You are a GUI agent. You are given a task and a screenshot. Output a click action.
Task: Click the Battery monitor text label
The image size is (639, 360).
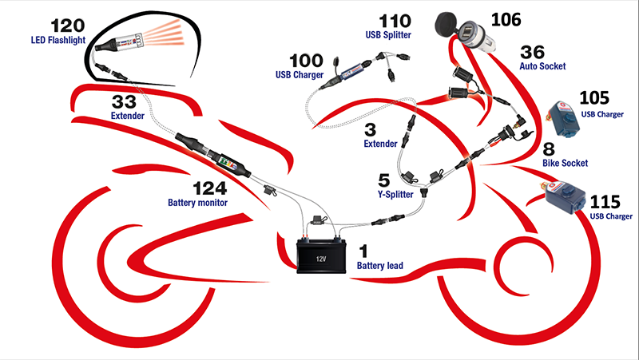click(x=197, y=204)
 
